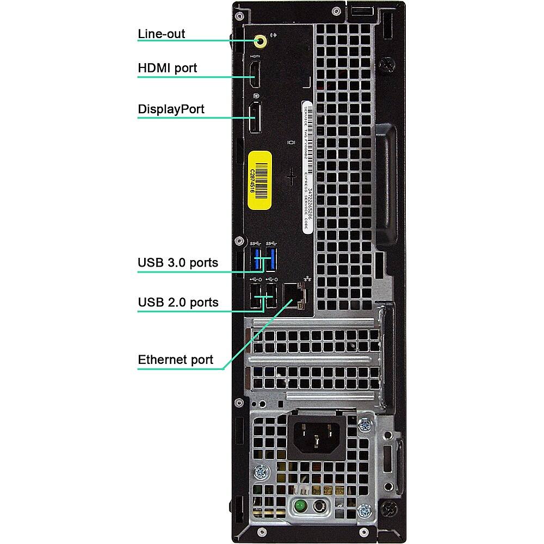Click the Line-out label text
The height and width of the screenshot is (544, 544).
(161, 34)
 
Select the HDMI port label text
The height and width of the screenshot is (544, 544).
(167, 69)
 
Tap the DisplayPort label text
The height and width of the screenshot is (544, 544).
(171, 109)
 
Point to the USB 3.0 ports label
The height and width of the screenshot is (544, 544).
(178, 263)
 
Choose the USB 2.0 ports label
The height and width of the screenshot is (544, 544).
(178, 302)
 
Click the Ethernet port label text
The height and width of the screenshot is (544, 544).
(175, 360)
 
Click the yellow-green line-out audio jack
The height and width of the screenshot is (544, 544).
(261, 40)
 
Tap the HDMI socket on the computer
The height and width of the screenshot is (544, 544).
(255, 75)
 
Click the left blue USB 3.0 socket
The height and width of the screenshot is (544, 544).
(256, 259)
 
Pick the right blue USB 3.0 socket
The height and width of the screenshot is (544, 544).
(271, 259)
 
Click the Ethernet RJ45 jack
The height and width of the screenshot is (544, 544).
(294, 295)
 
